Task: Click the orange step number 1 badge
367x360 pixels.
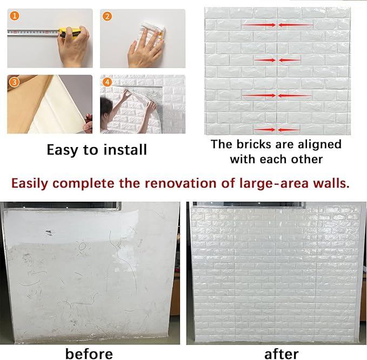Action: click(x=14, y=16)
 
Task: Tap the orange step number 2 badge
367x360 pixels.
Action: click(x=108, y=16)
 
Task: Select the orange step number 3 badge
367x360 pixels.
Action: click(x=14, y=82)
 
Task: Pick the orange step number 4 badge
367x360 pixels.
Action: click(x=108, y=82)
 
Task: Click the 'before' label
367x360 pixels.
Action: click(x=89, y=354)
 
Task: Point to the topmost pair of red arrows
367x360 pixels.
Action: click(x=277, y=25)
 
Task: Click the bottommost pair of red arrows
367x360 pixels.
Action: click(x=277, y=130)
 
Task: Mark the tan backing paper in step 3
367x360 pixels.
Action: click(x=24, y=103)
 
